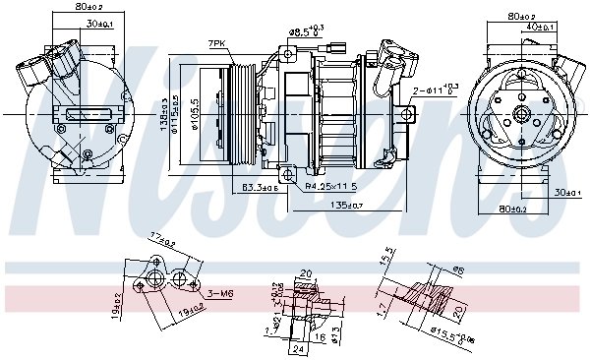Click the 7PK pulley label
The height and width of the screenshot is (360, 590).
click(216, 43)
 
